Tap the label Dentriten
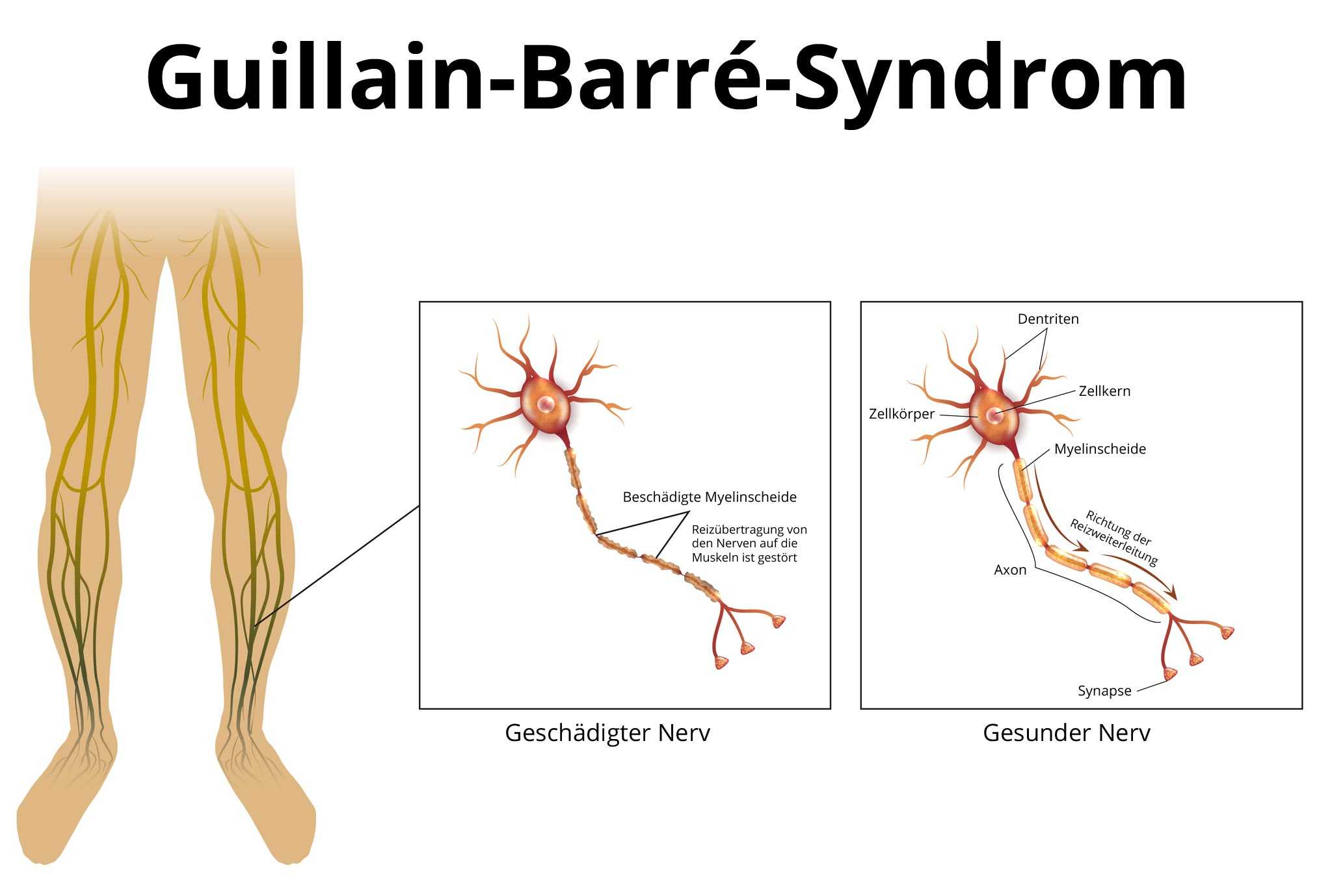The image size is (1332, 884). point(1048,319)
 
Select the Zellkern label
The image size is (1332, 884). point(1104,391)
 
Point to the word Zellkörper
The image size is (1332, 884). point(901,414)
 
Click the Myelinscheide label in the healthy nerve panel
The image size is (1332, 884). point(1100,449)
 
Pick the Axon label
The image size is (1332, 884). point(1010,570)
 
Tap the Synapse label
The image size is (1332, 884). point(1104,691)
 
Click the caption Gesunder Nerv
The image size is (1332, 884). point(1067,733)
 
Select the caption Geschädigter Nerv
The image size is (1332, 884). point(607,733)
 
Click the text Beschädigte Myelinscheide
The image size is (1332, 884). point(710,497)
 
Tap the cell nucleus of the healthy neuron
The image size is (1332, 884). point(993,414)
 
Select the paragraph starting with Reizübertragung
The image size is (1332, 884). point(749,543)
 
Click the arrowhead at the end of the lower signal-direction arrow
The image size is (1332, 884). point(1173,593)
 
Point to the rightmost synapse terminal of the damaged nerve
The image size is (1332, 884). point(779,622)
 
